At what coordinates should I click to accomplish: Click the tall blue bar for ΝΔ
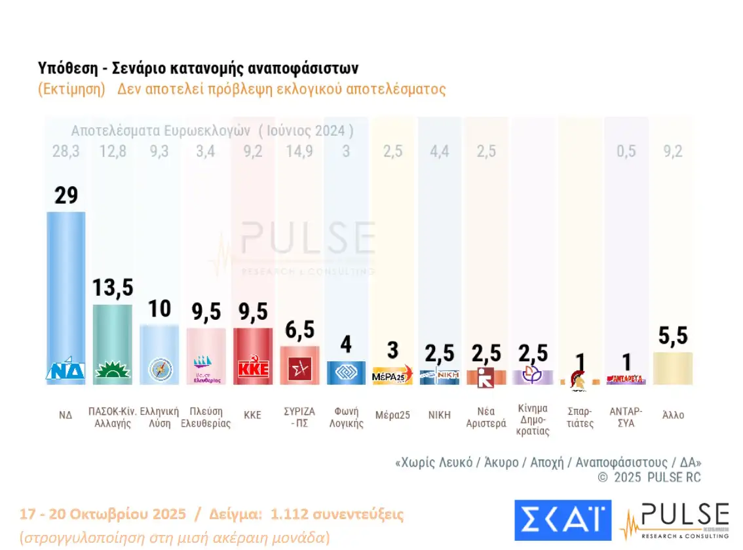tap(66, 288)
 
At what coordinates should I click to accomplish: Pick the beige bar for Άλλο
tap(673, 368)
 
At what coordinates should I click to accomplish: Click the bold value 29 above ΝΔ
tap(66, 195)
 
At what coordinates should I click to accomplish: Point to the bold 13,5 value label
tap(112, 288)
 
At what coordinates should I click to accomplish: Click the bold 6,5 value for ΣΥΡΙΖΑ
tap(299, 330)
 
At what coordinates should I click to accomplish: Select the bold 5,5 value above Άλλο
tap(673, 336)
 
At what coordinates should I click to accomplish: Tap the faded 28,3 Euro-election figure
tap(66, 151)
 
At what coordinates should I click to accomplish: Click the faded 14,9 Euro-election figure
tap(299, 151)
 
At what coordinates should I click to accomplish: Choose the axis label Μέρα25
tap(392, 415)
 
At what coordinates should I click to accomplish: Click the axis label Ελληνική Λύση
tap(159, 417)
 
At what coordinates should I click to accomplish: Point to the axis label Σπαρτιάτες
tap(580, 417)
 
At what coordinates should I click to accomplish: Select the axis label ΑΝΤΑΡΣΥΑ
tap(626, 417)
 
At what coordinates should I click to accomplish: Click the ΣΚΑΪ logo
tap(562, 521)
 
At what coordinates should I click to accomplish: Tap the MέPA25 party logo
tap(392, 375)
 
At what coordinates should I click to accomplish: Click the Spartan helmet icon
tap(579, 379)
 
